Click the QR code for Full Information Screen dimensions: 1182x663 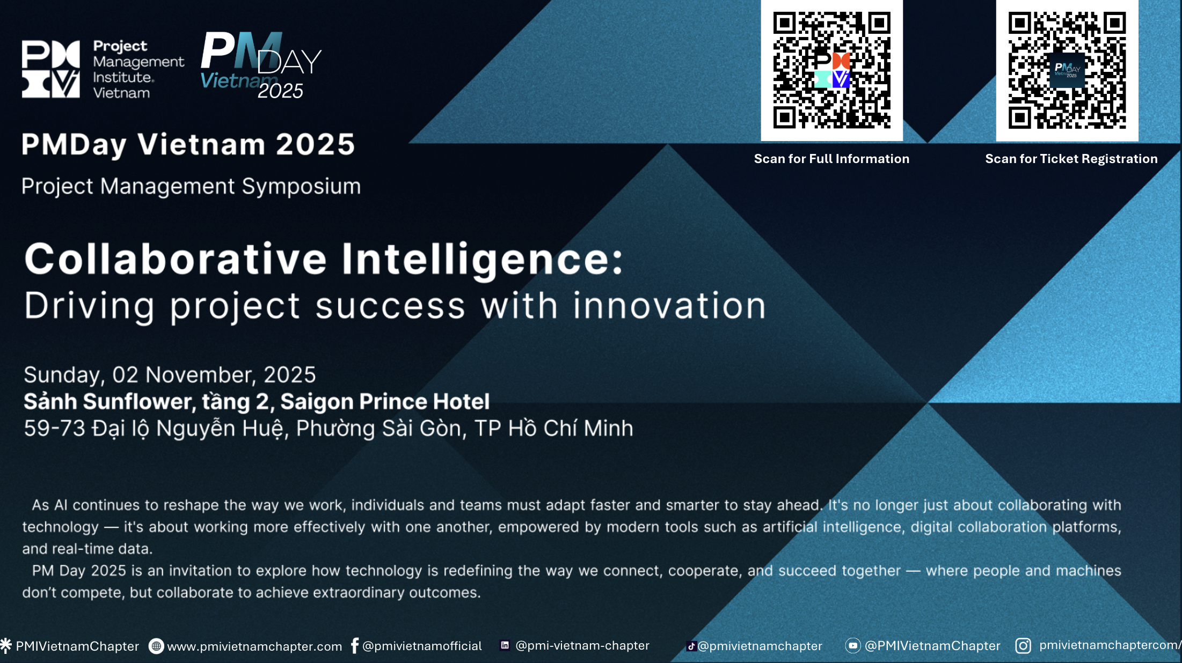pos(831,70)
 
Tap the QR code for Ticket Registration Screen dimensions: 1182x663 pos(1067,70)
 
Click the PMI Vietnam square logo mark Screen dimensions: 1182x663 pos(51,69)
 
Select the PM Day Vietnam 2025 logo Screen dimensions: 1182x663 pos(261,65)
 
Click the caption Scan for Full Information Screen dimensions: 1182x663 pos(831,159)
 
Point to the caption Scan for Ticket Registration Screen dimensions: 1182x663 pos(1071,159)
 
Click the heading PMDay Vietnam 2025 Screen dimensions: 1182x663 pos(188,145)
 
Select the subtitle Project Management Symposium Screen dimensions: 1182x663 pos(191,187)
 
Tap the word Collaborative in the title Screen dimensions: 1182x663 pos(176,259)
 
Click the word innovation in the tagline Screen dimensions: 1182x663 pos(669,306)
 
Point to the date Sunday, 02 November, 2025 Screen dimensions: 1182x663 pos(170,375)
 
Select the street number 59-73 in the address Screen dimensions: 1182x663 pos(54,429)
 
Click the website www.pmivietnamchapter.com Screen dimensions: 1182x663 pos(254,646)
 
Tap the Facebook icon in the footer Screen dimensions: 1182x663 pos(354,645)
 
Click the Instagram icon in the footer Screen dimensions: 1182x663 pos(1023,645)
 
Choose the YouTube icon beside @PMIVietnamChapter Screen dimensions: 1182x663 pos(852,645)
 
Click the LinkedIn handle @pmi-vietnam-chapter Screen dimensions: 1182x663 pos(582,645)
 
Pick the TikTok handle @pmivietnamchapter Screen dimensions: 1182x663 pos(760,646)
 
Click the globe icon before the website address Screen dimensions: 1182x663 pos(156,646)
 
